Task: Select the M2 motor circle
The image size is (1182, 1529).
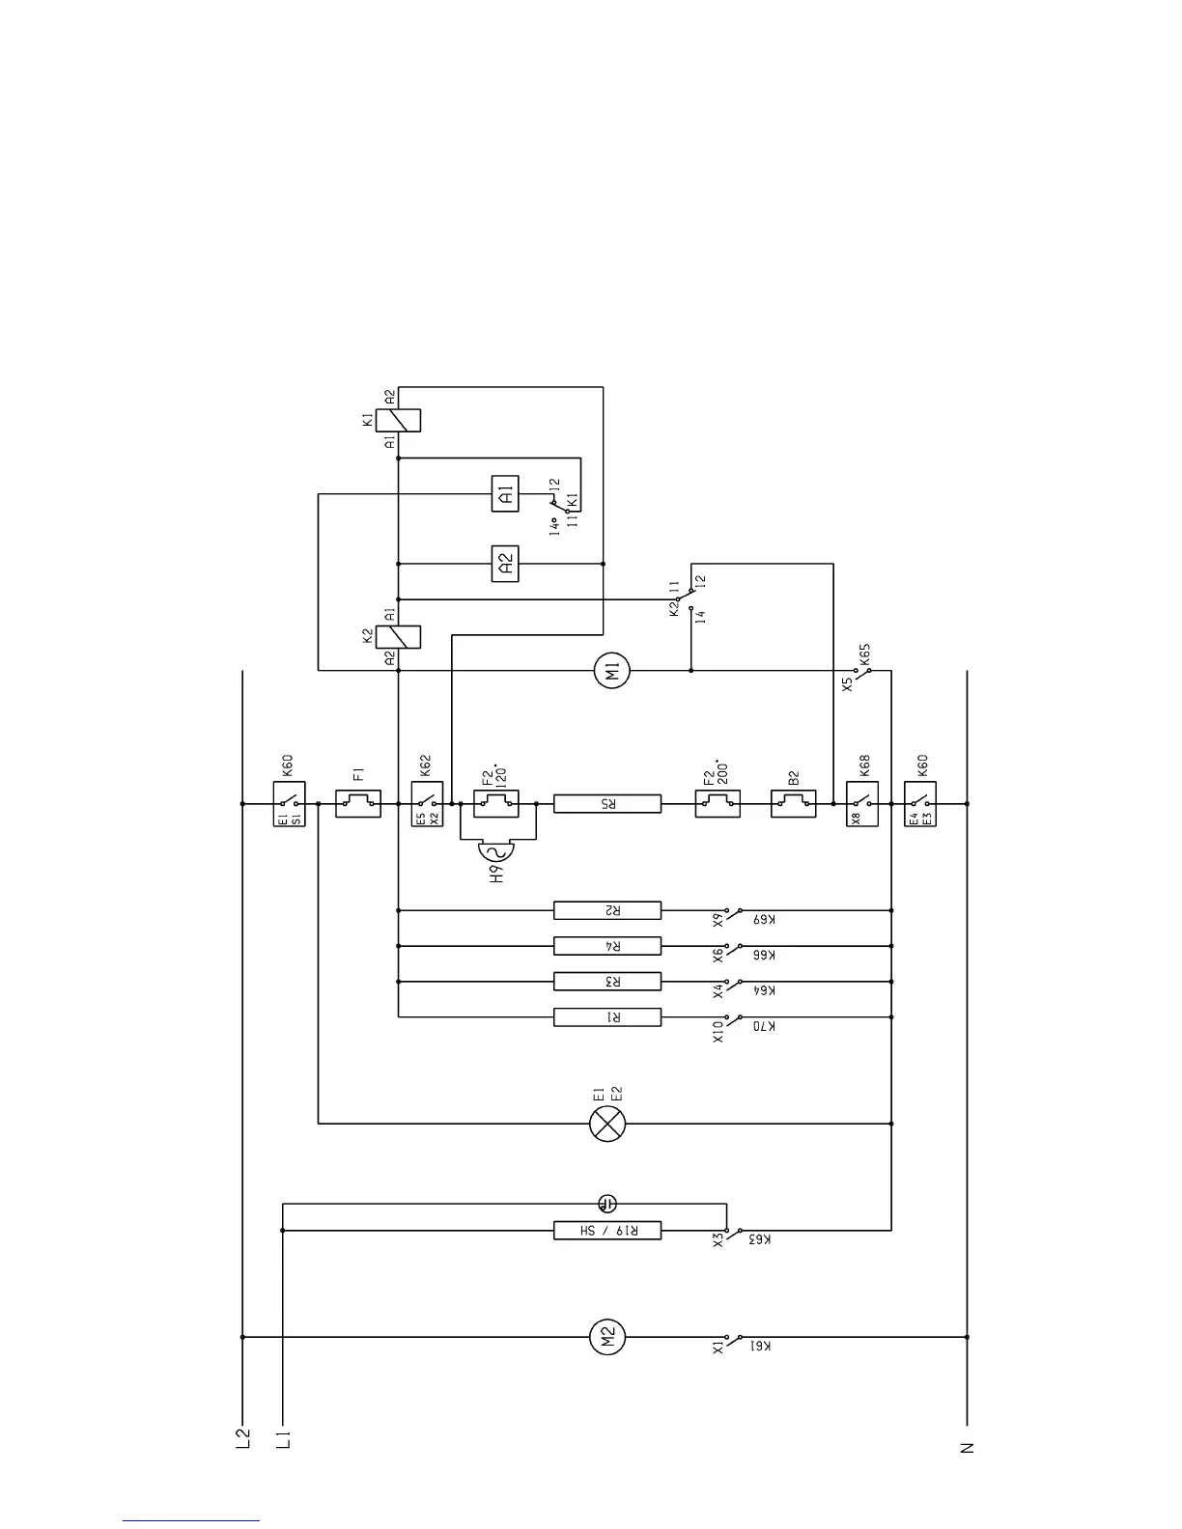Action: click(x=607, y=1337)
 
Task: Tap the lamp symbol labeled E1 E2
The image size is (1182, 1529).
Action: click(x=607, y=1124)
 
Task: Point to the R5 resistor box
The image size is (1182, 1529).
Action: click(x=607, y=803)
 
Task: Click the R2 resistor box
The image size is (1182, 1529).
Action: click(x=607, y=910)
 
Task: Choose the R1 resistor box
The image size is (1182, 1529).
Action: click(x=607, y=1017)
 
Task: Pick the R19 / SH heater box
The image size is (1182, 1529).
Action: click(x=607, y=1231)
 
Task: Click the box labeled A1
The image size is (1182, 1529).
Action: click(x=505, y=494)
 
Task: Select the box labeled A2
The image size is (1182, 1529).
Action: click(x=505, y=564)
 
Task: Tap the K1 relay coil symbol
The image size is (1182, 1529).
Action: click(x=398, y=421)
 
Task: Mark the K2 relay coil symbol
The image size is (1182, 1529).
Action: click(x=398, y=637)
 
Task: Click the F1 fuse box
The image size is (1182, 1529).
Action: click(x=358, y=803)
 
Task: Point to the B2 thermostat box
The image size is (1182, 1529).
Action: click(x=793, y=803)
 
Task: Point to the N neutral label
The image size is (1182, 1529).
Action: click(x=967, y=1448)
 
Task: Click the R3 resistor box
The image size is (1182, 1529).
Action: click(x=607, y=982)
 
